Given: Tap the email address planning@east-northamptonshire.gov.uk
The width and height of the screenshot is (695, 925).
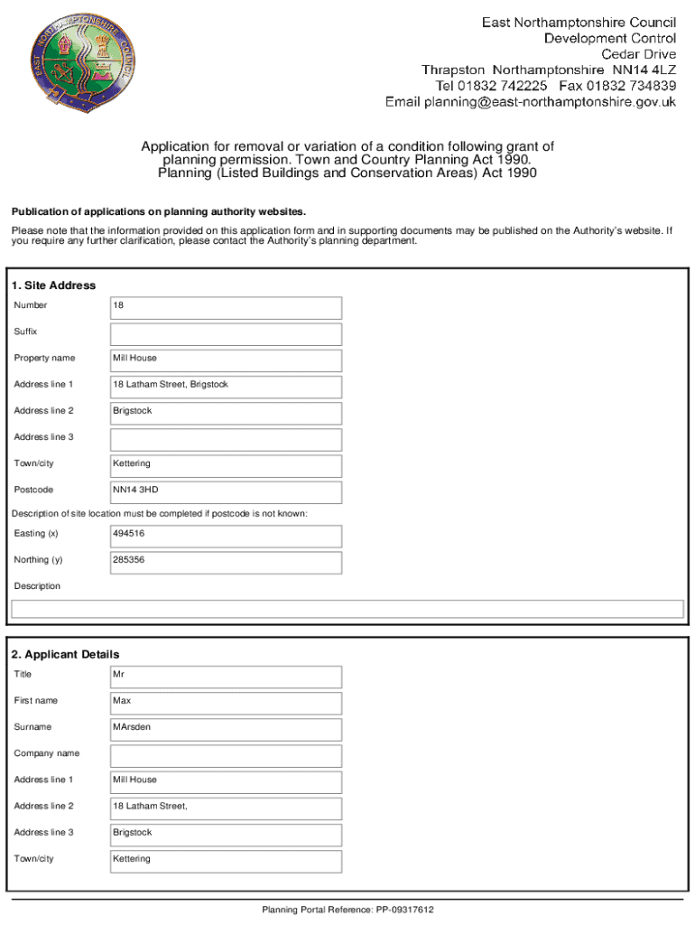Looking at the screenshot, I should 531,102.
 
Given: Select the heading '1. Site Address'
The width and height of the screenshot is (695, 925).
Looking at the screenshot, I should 54,285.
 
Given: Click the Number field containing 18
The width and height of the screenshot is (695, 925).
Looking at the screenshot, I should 226,307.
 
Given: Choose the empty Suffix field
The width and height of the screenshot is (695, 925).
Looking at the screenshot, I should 226,333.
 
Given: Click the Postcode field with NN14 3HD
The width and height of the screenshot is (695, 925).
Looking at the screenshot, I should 226,491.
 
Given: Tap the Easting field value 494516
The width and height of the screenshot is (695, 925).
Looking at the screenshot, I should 226,535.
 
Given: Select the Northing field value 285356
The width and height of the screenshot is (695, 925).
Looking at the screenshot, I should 226,561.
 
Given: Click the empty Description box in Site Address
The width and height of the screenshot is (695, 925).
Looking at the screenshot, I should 347,610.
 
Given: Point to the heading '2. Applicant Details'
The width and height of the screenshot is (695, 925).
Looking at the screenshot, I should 65,654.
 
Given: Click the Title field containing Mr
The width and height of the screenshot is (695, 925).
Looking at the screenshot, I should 226,676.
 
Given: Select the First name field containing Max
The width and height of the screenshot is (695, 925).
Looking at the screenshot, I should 226,702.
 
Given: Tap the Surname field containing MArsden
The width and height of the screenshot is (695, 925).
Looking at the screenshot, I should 226,728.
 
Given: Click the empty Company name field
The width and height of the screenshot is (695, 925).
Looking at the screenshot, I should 226,754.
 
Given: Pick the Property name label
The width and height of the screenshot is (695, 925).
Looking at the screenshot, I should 44,359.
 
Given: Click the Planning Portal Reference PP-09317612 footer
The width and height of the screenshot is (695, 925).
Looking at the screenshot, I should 348,910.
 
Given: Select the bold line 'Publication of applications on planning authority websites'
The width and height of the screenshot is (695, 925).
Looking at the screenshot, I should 159,212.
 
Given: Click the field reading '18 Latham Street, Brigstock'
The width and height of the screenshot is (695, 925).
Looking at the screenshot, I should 226,386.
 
